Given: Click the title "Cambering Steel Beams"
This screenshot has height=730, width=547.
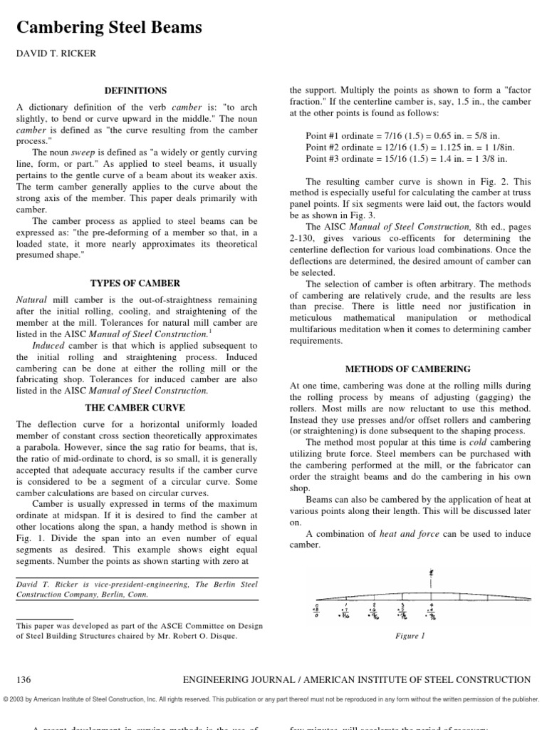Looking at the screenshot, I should (x=109, y=28).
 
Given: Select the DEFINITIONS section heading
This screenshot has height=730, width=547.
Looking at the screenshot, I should (x=135, y=91).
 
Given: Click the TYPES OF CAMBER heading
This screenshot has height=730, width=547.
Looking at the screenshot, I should (x=135, y=283).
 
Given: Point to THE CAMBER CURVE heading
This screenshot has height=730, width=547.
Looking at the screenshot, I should (x=135, y=408).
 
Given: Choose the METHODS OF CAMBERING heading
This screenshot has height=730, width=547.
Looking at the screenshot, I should (x=408, y=369).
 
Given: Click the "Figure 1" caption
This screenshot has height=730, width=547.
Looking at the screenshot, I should (x=410, y=636).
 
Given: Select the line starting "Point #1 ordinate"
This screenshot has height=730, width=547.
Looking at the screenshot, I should (x=397, y=135).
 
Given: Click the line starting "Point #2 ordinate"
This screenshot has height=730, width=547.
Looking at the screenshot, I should (x=400, y=147).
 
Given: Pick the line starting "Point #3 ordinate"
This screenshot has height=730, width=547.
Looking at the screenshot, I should (x=397, y=158).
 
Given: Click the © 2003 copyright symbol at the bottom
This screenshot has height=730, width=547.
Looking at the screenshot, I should (x=6, y=699).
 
